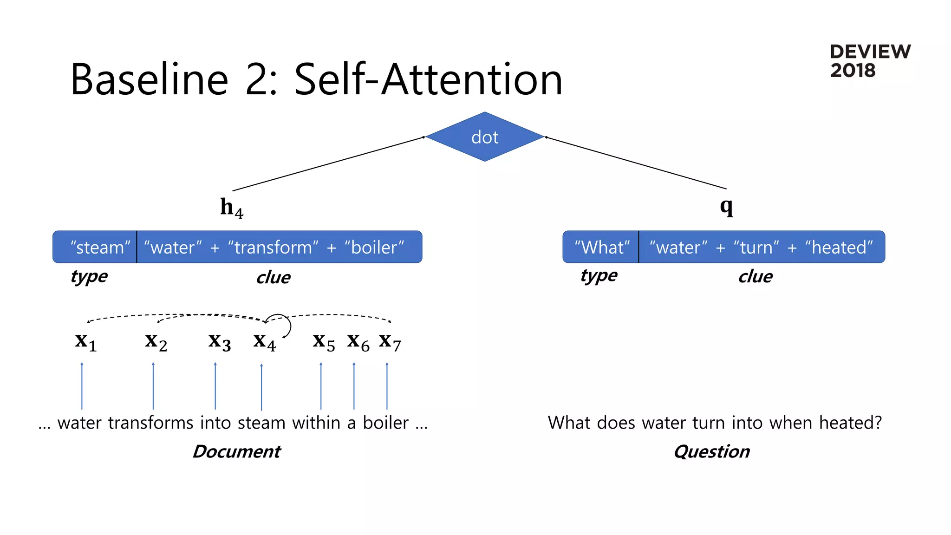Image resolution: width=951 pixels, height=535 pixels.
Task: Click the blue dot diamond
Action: click(x=484, y=137)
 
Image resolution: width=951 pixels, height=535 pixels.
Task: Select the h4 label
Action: click(x=231, y=208)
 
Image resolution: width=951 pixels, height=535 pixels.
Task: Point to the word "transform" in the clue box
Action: click(x=273, y=247)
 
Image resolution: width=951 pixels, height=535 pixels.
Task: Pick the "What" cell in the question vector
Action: click(x=601, y=247)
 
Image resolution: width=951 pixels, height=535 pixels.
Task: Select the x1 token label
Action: click(x=86, y=342)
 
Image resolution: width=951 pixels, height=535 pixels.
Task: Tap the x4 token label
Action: click(x=264, y=342)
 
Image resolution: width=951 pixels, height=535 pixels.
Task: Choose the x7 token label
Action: click(x=390, y=342)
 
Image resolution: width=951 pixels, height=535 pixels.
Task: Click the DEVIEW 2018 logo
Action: click(x=869, y=61)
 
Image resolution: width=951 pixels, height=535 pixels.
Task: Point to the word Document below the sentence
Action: click(x=236, y=451)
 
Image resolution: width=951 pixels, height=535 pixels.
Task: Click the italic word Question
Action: click(x=711, y=451)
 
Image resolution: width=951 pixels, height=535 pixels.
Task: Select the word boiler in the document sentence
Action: click(x=385, y=423)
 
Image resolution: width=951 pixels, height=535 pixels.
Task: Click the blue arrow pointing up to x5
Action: click(x=321, y=385)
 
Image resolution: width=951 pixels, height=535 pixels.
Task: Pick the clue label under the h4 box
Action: click(x=273, y=277)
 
